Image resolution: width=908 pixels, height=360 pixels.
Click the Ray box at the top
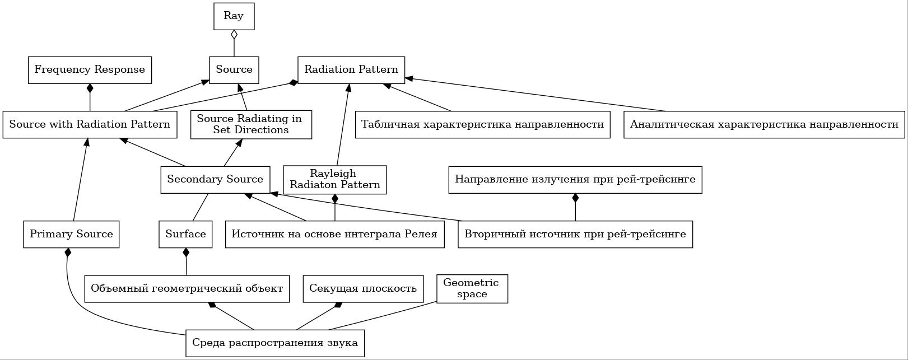[234, 16]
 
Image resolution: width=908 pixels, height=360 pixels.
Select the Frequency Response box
[90, 70]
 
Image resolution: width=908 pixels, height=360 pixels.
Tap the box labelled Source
[234, 70]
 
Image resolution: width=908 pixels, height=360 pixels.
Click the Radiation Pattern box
[351, 70]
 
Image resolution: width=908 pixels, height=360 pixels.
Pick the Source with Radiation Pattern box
[90, 124]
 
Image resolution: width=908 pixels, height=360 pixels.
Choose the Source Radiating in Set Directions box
[252, 125]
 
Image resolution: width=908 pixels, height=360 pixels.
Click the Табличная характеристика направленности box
[483, 125]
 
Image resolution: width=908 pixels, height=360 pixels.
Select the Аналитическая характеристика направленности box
[764, 125]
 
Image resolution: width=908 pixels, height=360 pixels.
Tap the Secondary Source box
[215, 179]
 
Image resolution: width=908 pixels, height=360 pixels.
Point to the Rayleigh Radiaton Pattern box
[335, 180]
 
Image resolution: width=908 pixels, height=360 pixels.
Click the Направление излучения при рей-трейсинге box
[575, 179]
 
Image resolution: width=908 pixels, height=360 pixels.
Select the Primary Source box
[71, 234]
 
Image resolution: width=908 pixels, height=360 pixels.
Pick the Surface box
[185, 234]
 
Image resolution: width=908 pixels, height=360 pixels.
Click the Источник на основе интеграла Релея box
[335, 234]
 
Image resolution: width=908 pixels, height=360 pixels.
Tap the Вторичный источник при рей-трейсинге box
[575, 234]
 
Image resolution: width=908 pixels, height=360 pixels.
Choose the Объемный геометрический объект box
[187, 289]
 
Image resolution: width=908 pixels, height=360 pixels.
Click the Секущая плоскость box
[363, 289]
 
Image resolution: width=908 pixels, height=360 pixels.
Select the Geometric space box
[472, 289]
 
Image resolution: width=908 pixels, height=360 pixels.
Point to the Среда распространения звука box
[275, 343]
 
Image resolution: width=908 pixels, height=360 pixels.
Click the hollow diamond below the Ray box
[234, 35]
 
